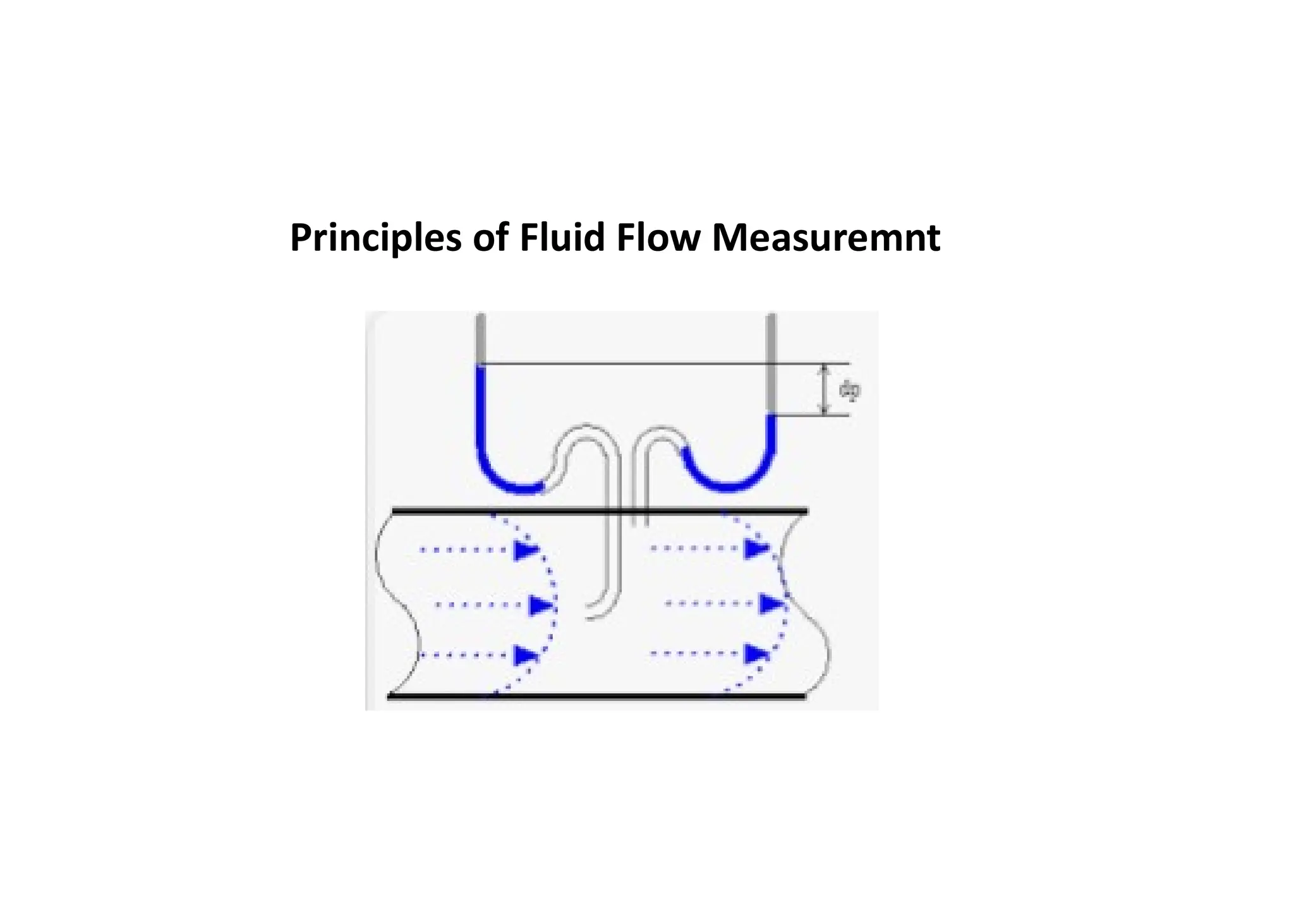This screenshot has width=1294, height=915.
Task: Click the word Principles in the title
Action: tap(375, 238)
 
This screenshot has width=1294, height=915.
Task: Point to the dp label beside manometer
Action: tap(849, 391)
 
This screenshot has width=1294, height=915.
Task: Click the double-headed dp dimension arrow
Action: tap(824, 390)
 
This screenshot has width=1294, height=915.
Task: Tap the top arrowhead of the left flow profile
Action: tap(526, 550)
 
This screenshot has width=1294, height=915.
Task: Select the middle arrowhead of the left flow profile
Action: tap(541, 605)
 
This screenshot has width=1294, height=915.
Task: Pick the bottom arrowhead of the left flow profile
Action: tap(526, 655)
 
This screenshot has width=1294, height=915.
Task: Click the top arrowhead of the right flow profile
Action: tap(756, 548)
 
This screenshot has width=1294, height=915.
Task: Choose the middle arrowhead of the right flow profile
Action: tap(771, 605)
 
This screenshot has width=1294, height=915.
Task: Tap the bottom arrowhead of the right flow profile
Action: tap(756, 654)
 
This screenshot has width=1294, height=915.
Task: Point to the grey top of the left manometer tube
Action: tap(481, 338)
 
